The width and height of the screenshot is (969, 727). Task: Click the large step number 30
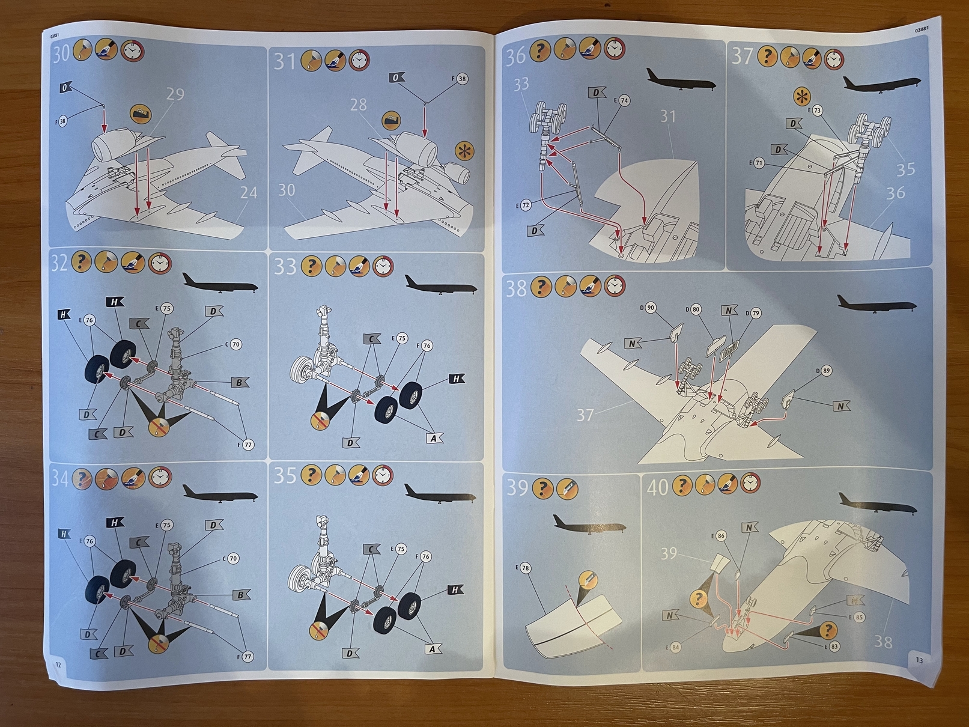click(61, 53)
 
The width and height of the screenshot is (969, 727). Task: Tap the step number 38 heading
click(516, 288)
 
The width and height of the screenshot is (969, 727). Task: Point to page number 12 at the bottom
click(58, 665)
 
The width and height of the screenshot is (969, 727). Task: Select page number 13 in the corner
click(919, 660)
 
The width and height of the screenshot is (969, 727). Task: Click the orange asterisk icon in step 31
click(464, 151)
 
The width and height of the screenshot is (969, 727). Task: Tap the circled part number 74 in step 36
click(624, 101)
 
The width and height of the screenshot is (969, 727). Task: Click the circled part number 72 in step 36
click(526, 205)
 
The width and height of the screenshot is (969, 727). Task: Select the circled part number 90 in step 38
click(650, 308)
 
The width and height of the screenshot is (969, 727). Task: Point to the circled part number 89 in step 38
click(826, 371)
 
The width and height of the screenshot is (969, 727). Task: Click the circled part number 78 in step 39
click(525, 568)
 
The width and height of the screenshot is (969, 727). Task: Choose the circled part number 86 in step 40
click(721, 535)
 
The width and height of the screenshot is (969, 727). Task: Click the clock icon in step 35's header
click(382, 475)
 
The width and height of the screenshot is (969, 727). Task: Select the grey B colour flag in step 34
click(240, 595)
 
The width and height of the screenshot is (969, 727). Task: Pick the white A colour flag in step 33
click(434, 439)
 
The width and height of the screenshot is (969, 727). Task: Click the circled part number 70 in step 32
click(235, 344)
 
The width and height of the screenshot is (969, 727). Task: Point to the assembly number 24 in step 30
click(248, 193)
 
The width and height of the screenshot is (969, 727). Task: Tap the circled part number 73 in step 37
click(817, 111)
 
